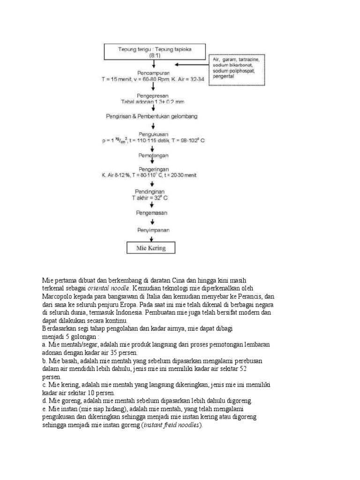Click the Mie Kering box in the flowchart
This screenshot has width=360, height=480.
click(x=151, y=247)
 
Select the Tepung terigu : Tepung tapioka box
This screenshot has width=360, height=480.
click(x=154, y=52)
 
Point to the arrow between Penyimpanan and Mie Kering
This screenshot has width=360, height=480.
click(x=150, y=238)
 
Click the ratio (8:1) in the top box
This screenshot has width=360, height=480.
click(x=154, y=55)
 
